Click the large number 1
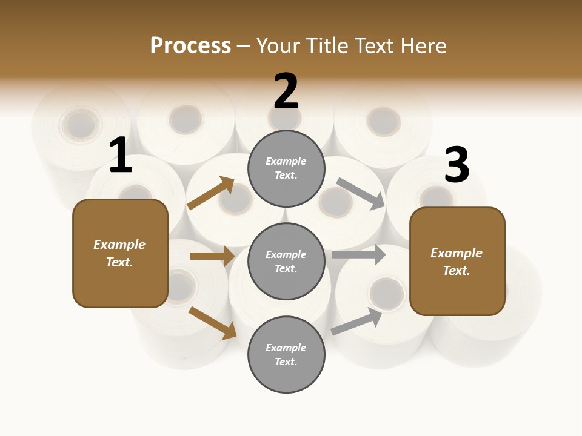pos(121,156)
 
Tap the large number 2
pos(286,91)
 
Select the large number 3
pos(457,165)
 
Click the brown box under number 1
pos(120,253)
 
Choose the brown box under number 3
pos(457,262)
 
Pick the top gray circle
pos(286,168)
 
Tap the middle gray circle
pos(286,261)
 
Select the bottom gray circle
pos(286,354)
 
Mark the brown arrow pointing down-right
pos(213,323)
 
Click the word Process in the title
pos(190,46)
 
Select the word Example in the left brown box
pos(119,245)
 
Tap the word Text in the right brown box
pos(455,271)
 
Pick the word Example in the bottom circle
pos(286,348)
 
